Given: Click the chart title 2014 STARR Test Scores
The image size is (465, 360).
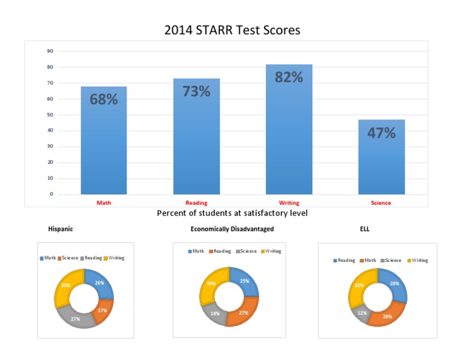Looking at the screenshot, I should pos(232,30).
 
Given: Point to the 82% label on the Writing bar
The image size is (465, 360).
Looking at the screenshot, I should pos(289,77).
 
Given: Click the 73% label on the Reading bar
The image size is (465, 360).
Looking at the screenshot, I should pos(196,92).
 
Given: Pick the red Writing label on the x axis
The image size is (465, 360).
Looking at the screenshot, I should pos(289,203).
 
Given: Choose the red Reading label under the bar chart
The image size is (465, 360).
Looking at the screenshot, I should pos(196,203).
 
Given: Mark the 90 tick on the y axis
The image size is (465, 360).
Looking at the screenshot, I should pos(50,52).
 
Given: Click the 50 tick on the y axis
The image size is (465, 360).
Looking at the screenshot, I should pos(50,115).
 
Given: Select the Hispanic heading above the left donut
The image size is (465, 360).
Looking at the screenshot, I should pos(61,229).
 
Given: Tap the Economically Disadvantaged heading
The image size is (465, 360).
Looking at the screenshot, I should pos(232,229).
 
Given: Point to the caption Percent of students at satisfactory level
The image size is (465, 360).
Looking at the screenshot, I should pos(232,213).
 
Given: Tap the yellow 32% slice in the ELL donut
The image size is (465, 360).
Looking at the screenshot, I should pos(358,285).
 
